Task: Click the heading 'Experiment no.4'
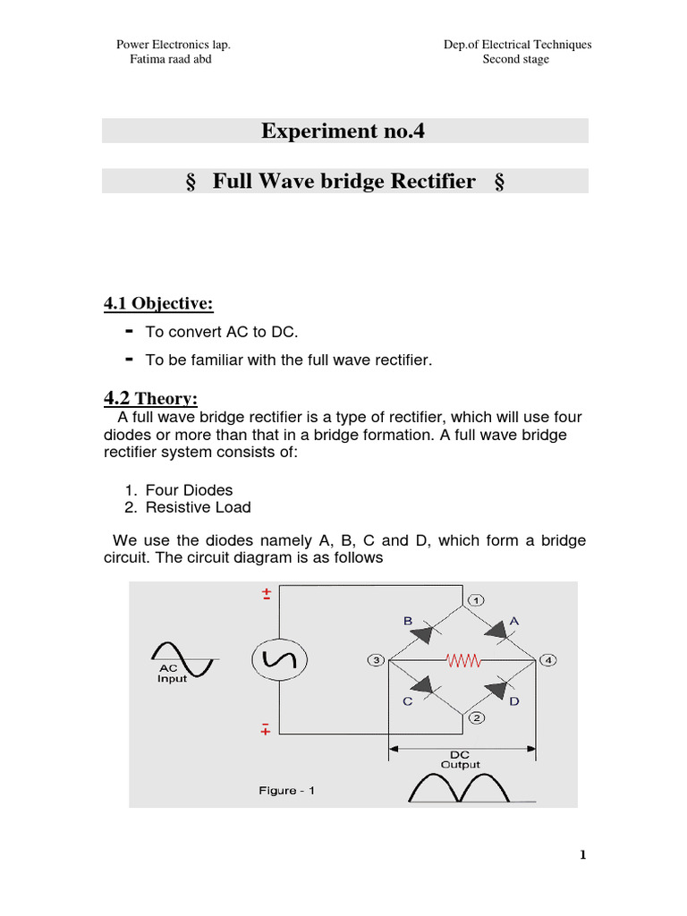pos(343,131)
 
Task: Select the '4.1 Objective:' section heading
pos(159,303)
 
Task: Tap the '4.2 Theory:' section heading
pos(151,398)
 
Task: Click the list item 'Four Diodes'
pos(189,490)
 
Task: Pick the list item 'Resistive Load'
pos(198,507)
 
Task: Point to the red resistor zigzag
pos(464,661)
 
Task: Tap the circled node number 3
pos(375,661)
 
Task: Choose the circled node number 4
pos(548,661)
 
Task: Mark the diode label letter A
pos(514,620)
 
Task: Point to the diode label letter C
pos(407,702)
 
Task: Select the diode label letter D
pos(514,702)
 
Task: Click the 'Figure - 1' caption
pos(287,791)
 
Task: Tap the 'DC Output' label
pos(461,759)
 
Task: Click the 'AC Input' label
pos(173,674)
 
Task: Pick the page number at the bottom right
pos(582,855)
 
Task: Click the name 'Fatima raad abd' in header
pos(171,60)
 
